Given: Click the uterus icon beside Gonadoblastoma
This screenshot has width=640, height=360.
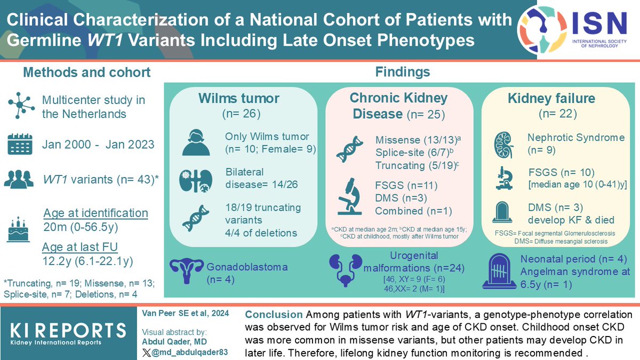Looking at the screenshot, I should pyautogui.click(x=187, y=271).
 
